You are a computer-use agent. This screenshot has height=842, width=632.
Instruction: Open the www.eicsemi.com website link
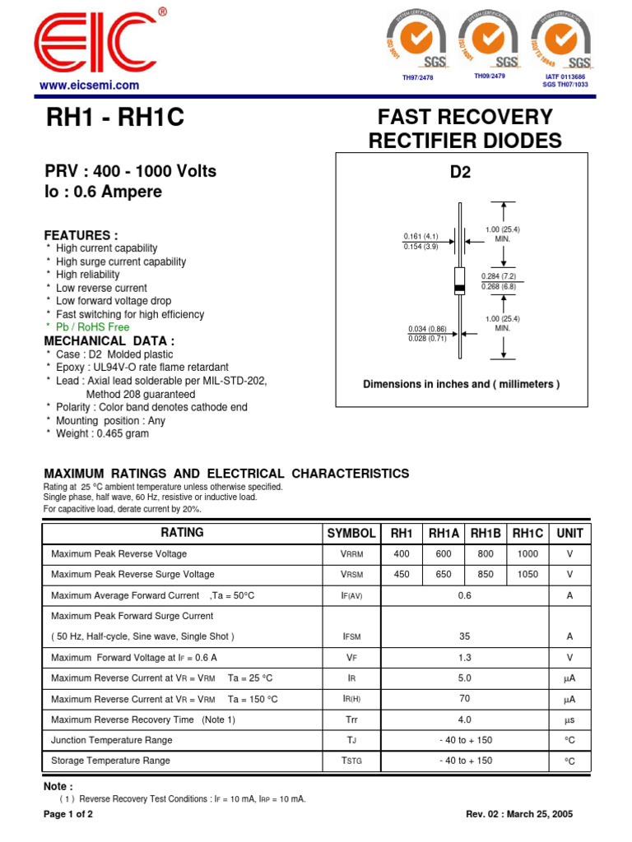(90, 86)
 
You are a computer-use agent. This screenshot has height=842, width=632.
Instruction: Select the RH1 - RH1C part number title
(116, 120)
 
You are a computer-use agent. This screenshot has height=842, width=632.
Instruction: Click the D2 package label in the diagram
(460, 173)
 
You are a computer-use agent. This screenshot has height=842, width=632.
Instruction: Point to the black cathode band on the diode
(460, 287)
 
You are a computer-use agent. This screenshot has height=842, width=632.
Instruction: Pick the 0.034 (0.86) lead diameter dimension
(426, 329)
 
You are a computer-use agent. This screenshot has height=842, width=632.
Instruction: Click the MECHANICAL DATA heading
(109, 340)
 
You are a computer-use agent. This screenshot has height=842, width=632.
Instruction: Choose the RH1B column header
(486, 533)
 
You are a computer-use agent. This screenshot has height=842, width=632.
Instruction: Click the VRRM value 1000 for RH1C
(527, 554)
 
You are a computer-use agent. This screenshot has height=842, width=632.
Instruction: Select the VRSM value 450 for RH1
(401, 575)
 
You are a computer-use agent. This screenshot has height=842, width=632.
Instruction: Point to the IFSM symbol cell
(351, 636)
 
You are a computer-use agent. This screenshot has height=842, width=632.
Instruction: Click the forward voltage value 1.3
(465, 657)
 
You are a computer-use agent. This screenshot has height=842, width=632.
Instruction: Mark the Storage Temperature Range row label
(111, 761)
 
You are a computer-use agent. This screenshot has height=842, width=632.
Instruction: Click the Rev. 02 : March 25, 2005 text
(519, 814)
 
